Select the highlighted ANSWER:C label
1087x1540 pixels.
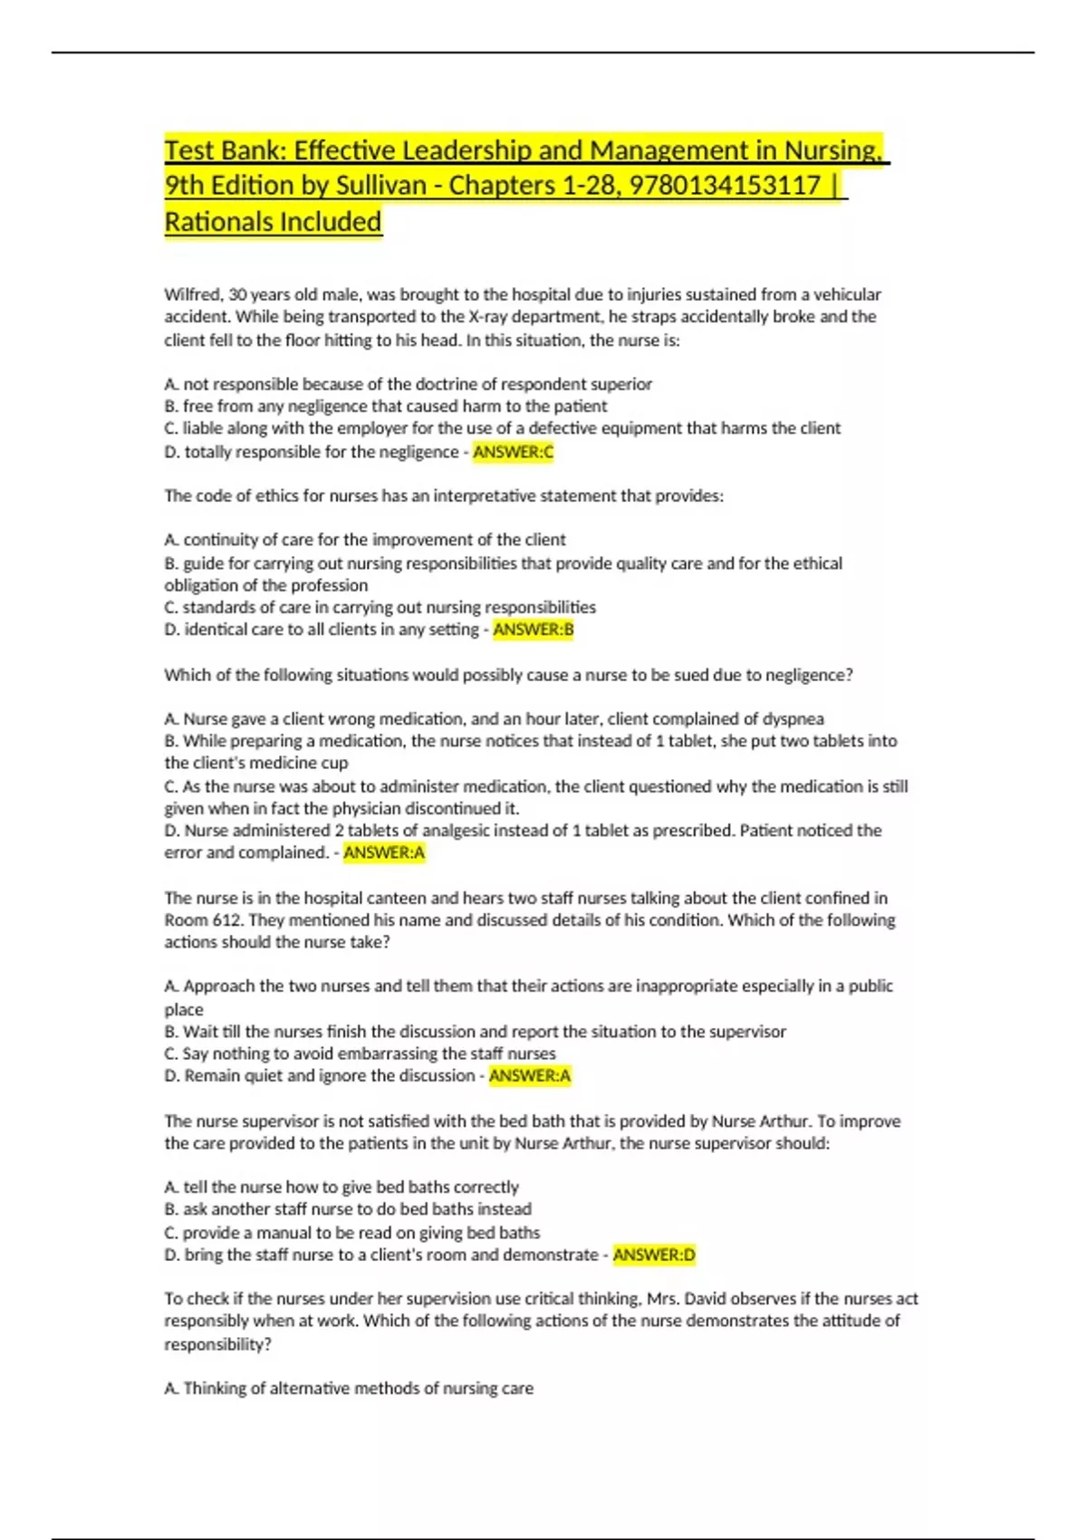513,451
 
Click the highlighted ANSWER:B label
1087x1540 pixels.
533,630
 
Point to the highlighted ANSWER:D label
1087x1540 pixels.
654,1255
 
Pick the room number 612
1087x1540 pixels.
228,920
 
